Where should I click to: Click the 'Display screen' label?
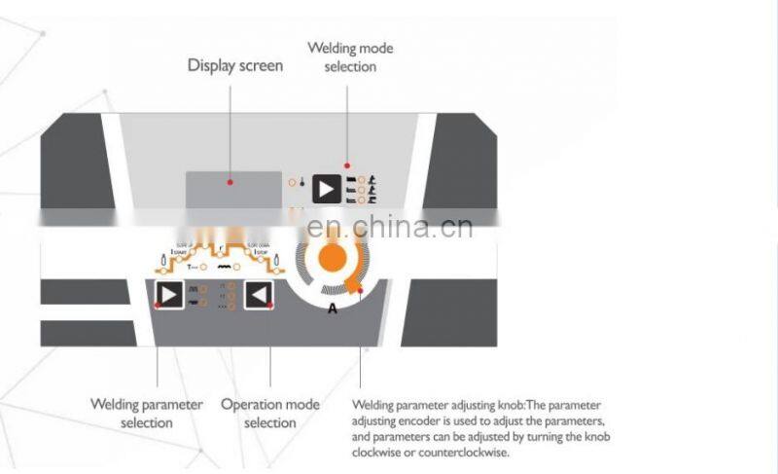tap(234, 66)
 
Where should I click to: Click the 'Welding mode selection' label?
tap(350, 56)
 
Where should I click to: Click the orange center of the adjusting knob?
tap(333, 257)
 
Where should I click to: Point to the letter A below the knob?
tap(333, 309)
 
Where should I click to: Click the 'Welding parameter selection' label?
tap(147, 413)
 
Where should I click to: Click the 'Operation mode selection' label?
tap(270, 413)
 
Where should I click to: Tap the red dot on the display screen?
tap(230, 181)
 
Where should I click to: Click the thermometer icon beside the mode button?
tap(303, 182)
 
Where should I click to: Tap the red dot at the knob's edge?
tap(360, 289)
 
